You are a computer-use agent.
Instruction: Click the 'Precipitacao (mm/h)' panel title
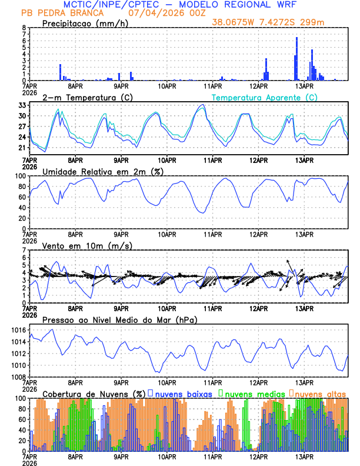coord(84,23)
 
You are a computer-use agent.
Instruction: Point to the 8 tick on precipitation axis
coord(24,28)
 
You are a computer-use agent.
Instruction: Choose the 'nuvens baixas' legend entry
coord(182,394)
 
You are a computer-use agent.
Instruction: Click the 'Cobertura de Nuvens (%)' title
coord(94,394)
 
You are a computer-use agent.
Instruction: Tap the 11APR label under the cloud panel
coord(212,456)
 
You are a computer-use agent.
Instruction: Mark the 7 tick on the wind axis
coord(24,250)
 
